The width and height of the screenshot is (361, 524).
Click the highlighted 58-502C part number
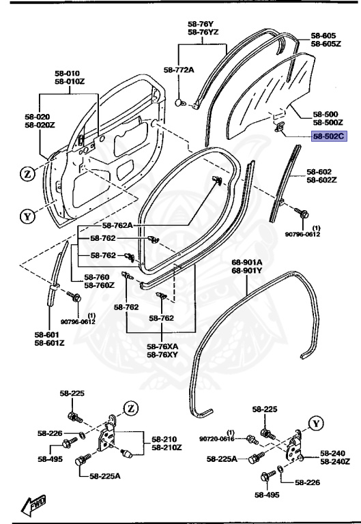pos(330,136)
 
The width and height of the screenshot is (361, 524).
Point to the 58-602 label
pos(319,172)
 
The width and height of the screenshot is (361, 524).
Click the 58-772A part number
pos(179,70)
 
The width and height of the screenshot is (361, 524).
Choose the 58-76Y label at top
pos(201,23)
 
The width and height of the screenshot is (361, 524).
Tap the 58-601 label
pos(49,334)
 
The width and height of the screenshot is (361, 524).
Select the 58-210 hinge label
pos(164,439)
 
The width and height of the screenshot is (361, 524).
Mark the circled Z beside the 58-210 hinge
pos(130,409)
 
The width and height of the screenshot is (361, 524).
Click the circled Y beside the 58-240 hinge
pos(315,422)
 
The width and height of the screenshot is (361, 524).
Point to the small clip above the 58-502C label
pos(280,126)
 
